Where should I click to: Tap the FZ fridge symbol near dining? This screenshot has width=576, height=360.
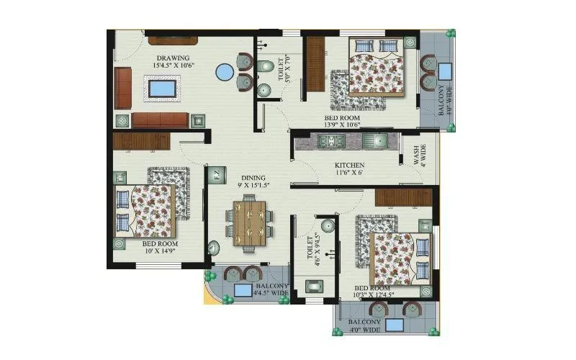[x=215, y=174]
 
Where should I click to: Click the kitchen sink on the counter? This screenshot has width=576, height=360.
[x=375, y=140]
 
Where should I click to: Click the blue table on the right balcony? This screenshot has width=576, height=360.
[x=444, y=71]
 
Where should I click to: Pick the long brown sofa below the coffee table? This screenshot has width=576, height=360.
[x=160, y=119]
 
